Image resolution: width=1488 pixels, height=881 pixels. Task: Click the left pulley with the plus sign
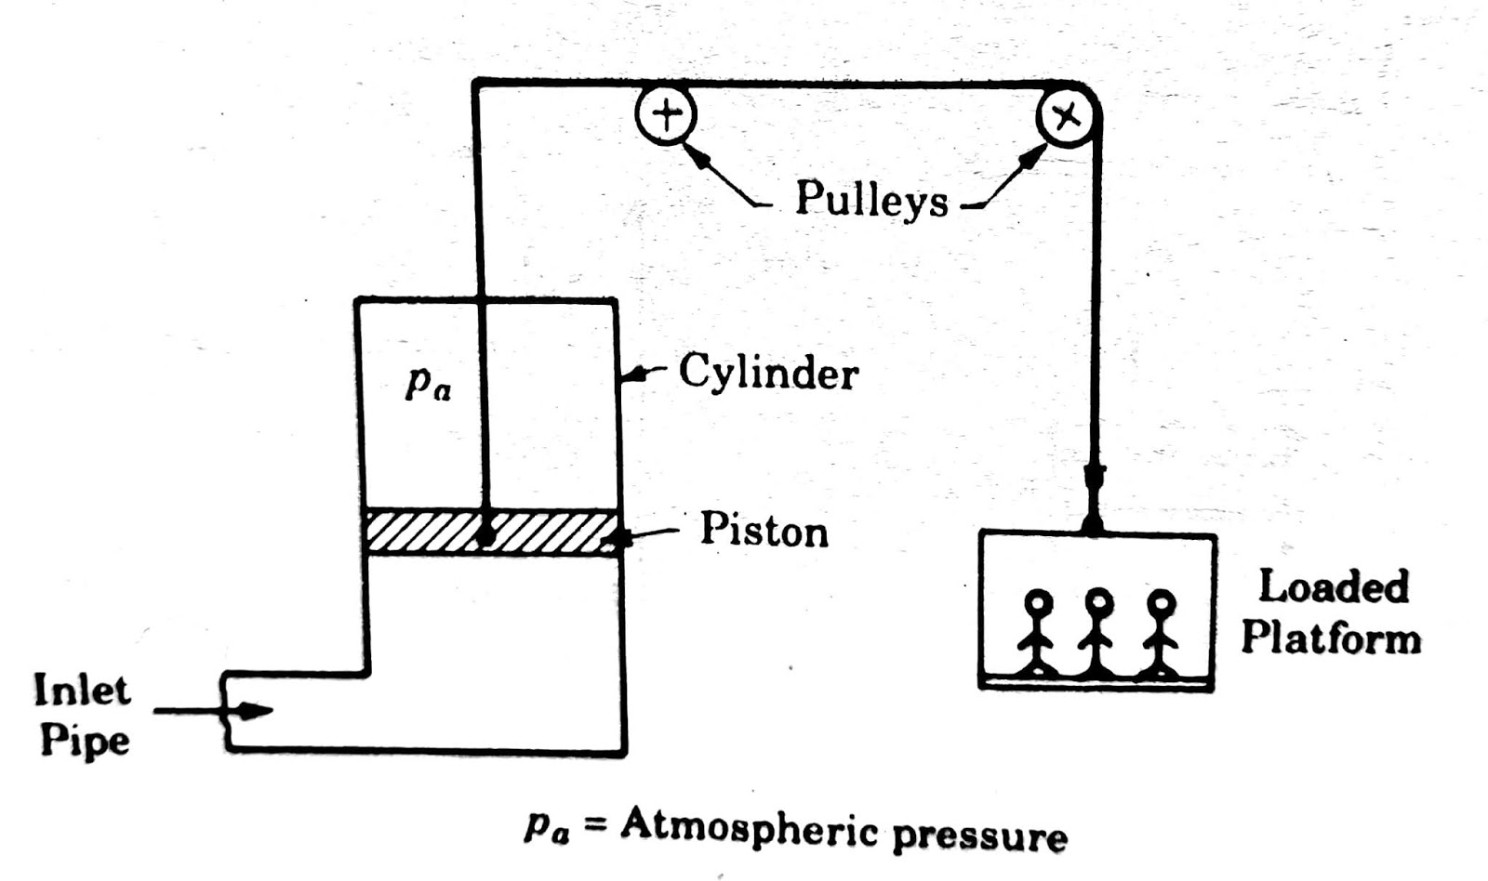click(x=665, y=115)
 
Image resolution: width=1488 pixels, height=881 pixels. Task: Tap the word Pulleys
click(x=870, y=199)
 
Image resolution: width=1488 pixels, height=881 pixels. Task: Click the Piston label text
click(x=764, y=531)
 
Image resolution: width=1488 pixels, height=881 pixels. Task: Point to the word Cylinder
click(x=768, y=373)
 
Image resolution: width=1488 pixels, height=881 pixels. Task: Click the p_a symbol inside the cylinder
click(x=428, y=383)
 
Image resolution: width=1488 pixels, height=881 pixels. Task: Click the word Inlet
click(x=82, y=690)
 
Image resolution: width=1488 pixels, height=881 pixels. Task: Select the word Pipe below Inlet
click(x=85, y=741)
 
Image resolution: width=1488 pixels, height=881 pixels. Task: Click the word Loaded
click(x=1333, y=587)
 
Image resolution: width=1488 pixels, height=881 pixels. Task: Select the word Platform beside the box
click(x=1331, y=639)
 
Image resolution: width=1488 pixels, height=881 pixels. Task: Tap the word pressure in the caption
click(x=979, y=835)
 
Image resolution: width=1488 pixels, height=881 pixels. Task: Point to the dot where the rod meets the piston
click(x=485, y=536)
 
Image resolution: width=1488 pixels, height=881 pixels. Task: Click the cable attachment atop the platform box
click(x=1093, y=527)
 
